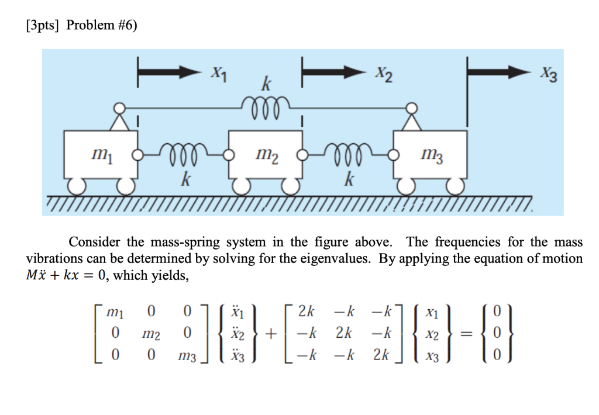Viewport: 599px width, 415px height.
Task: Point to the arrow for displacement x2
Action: pos(333,72)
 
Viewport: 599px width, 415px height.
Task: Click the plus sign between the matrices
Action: pos(271,334)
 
